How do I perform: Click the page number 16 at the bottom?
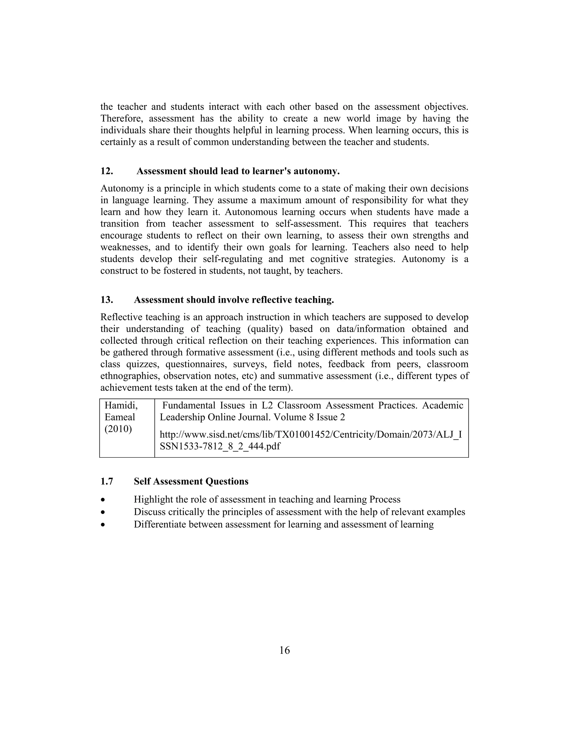[284, 650]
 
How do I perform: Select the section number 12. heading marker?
[106, 171]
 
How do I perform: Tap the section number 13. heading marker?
[106, 300]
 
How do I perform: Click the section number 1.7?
[106, 481]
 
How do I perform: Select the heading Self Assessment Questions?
[191, 481]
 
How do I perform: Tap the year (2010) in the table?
[118, 429]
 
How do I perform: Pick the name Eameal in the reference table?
[120, 417]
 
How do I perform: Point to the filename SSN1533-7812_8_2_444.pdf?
[220, 447]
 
